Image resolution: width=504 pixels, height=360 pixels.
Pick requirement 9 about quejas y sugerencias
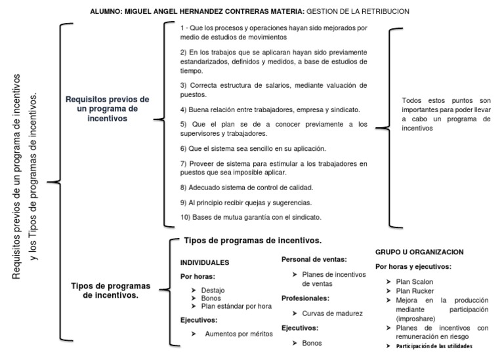[246, 202]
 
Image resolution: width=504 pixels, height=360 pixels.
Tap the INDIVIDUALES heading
[205, 262]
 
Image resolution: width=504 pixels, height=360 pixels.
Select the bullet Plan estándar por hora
[236, 306]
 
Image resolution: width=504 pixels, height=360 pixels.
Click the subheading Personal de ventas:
[314, 260]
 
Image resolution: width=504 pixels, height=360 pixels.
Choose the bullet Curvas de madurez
[332, 313]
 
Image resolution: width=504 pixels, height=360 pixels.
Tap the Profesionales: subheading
[305, 298]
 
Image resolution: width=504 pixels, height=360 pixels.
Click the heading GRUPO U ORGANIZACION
[419, 252]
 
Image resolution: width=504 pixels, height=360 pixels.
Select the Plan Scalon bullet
[415, 282]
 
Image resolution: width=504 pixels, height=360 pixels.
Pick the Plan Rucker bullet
[415, 290]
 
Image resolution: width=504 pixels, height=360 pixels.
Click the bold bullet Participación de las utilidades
[434, 346]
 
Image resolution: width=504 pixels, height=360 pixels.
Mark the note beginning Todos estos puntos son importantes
[446, 114]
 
